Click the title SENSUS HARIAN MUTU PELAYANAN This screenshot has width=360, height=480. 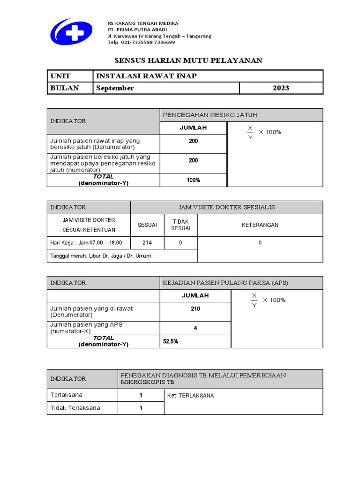click(189, 60)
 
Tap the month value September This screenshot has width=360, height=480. click(115, 88)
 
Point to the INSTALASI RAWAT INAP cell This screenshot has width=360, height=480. click(146, 76)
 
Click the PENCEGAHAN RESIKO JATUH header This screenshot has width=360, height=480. click(210, 115)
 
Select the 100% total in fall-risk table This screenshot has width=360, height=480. click(193, 180)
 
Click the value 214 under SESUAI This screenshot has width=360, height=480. click(147, 242)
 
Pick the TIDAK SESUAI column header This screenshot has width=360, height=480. click(180, 225)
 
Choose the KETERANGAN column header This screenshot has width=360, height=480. click(260, 225)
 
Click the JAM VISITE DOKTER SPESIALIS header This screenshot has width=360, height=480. click(226, 207)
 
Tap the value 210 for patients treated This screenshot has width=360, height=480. click(195, 309)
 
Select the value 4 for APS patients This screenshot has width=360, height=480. click(195, 328)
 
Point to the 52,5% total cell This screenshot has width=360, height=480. click(171, 342)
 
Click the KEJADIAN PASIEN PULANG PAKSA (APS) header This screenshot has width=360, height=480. click(225, 283)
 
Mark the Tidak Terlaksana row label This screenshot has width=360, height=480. click(75, 408)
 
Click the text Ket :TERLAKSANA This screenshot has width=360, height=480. click(190, 396)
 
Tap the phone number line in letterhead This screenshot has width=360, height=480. click(141, 42)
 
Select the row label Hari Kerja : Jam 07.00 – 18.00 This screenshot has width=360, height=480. click(86, 242)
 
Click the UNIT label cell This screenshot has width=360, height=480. click(60, 76)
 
